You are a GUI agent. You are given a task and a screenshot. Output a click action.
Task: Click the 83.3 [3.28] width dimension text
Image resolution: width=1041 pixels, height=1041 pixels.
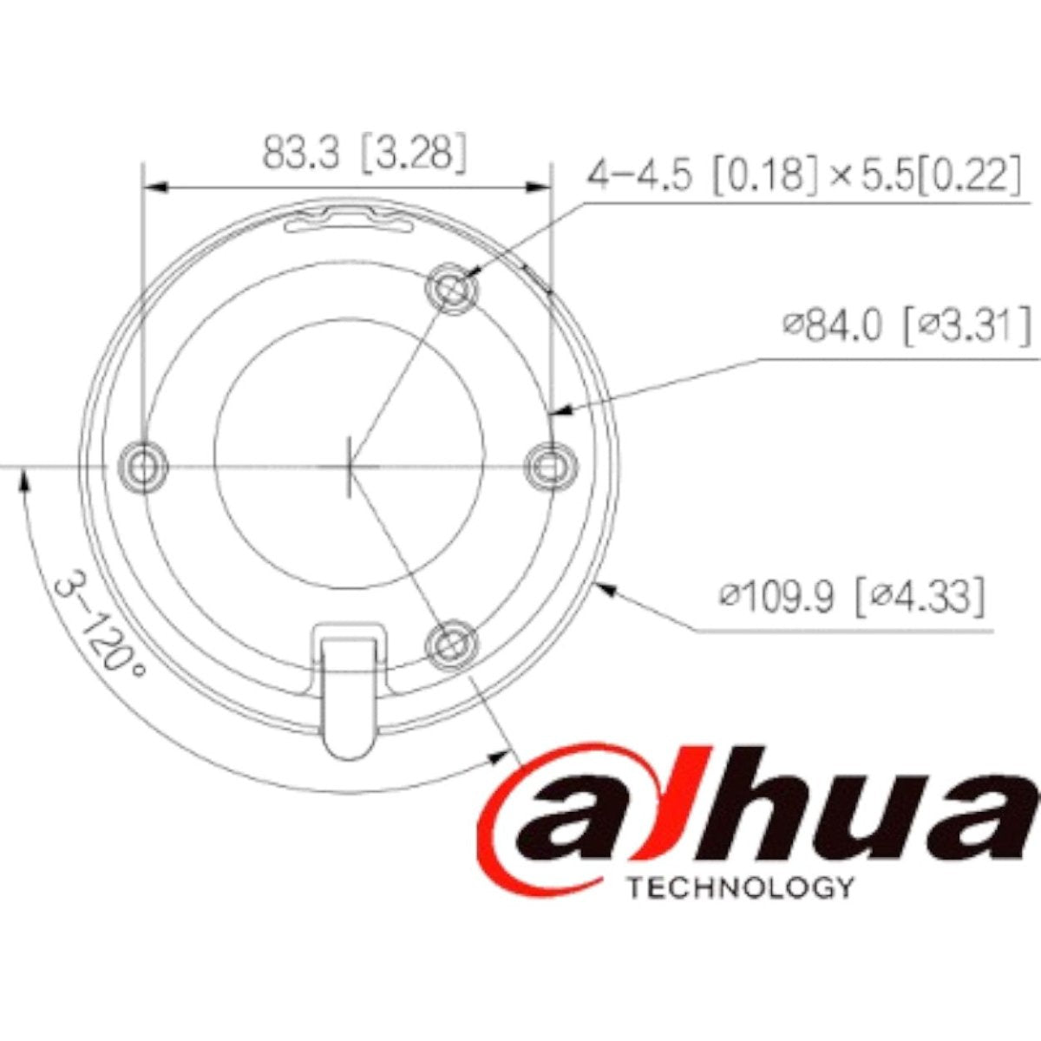pyautogui.click(x=364, y=154)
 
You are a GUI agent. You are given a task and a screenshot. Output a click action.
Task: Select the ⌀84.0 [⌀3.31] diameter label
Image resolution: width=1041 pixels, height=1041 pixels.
pyautogui.click(x=907, y=327)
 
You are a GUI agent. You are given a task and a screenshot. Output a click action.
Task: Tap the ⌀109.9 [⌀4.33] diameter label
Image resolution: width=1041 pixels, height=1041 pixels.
pyautogui.click(x=853, y=597)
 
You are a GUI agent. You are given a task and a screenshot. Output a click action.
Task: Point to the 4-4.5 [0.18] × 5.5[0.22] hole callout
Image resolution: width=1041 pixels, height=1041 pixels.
pyautogui.click(x=802, y=175)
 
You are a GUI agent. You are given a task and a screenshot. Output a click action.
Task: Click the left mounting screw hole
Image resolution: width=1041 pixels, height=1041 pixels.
pyautogui.click(x=142, y=466)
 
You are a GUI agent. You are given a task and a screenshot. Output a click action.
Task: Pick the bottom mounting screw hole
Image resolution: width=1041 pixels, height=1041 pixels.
pyautogui.click(x=451, y=644)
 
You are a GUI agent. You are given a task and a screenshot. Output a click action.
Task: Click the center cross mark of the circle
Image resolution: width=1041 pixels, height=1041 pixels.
pyautogui.click(x=348, y=466)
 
